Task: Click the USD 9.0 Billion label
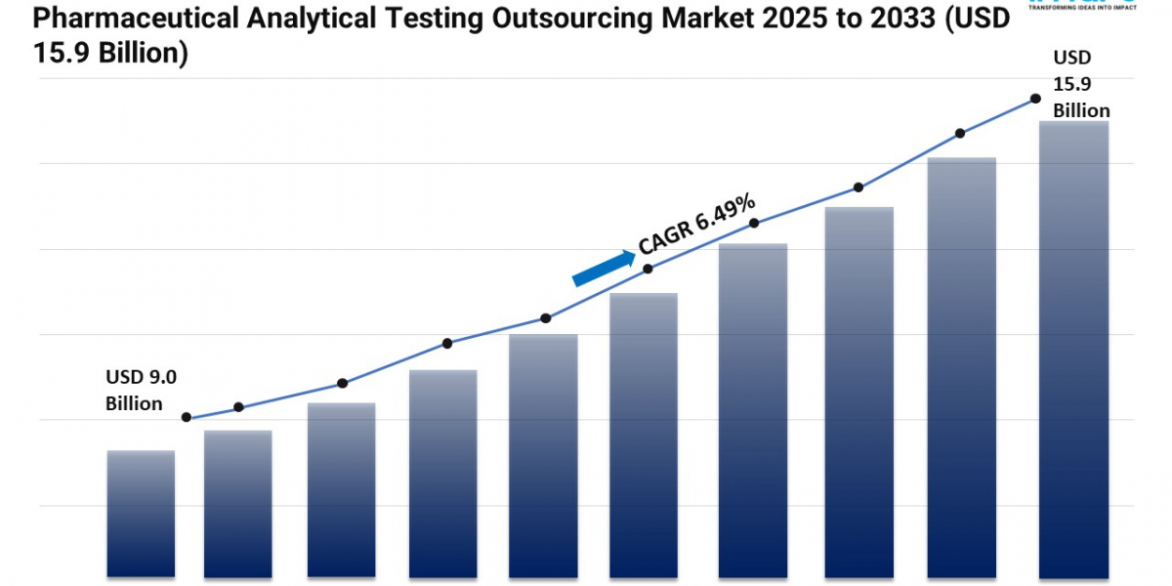click(x=141, y=390)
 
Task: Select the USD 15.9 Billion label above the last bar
click(x=1081, y=85)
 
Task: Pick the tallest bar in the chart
click(x=1073, y=349)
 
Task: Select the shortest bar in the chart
click(x=141, y=513)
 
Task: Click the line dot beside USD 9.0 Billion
click(x=187, y=417)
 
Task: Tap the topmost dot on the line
click(x=1034, y=99)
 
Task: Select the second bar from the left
click(x=238, y=503)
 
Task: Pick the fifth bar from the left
click(x=542, y=455)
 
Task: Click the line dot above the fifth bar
click(x=546, y=318)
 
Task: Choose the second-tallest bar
click(x=962, y=366)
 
